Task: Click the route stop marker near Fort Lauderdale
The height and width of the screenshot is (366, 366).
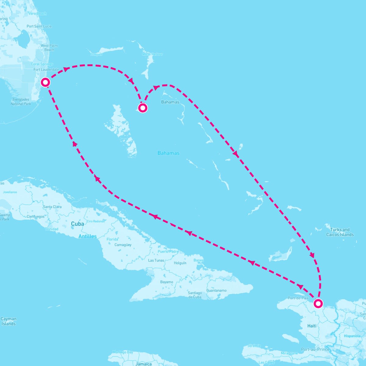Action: click(x=45, y=82)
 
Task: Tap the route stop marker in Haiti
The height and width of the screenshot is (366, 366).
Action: click(x=318, y=303)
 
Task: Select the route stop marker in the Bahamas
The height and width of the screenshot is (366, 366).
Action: click(x=142, y=108)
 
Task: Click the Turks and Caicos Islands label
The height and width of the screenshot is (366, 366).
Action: click(x=340, y=232)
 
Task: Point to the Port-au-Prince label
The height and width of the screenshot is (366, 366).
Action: click(x=315, y=349)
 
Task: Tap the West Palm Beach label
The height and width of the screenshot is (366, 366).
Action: click(x=49, y=48)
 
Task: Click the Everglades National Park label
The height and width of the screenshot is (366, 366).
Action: click(x=21, y=102)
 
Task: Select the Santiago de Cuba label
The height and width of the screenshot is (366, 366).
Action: click(x=195, y=295)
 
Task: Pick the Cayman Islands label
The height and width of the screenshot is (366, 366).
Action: click(x=9, y=321)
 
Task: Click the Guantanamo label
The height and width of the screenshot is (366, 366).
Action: click(x=217, y=290)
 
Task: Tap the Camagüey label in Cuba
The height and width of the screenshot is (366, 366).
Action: click(x=123, y=245)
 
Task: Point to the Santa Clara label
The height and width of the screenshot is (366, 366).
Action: click(x=52, y=207)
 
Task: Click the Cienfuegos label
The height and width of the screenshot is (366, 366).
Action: click(x=35, y=217)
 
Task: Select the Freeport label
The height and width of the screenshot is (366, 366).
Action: click(x=96, y=55)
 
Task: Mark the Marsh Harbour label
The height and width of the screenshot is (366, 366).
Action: click(x=152, y=54)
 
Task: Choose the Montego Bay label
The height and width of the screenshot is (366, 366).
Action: click(x=123, y=352)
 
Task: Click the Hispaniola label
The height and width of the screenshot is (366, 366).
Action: click(x=352, y=336)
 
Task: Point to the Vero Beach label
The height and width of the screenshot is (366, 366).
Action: click(x=37, y=13)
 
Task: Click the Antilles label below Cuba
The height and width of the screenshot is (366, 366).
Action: click(x=88, y=236)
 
